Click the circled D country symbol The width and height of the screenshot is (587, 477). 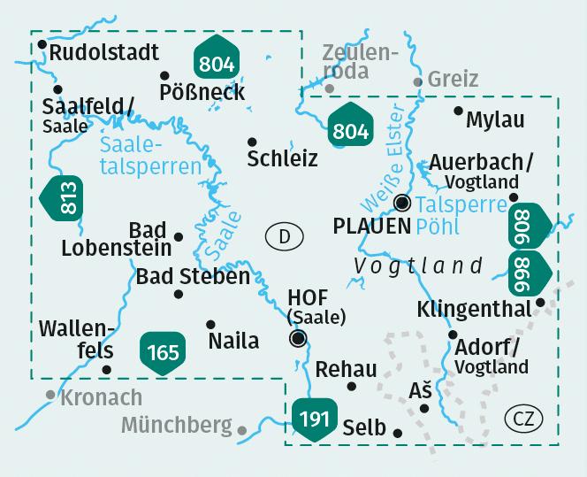click(284, 236)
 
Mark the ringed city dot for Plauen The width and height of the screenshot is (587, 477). click(402, 202)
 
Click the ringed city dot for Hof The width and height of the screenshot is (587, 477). click(299, 338)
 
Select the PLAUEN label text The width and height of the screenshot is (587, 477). click(371, 226)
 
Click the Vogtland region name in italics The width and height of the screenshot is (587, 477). click(418, 265)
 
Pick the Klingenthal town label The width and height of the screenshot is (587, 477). click(474, 310)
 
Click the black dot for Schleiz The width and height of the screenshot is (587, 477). click(252, 142)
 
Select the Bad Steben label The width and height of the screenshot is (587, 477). click(193, 276)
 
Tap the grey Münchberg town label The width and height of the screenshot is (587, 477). click(176, 426)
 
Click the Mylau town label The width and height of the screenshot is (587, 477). click(495, 119)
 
